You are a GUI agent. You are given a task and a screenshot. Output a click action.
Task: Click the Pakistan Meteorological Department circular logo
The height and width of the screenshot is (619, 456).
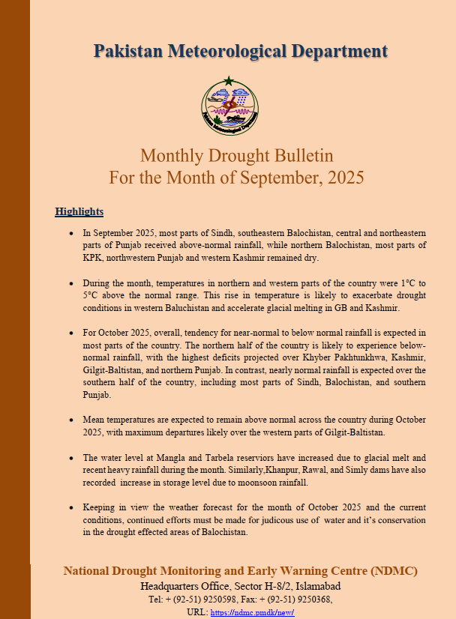[x=230, y=106]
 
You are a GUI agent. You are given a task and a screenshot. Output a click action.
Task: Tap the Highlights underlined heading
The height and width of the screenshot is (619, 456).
[x=79, y=211]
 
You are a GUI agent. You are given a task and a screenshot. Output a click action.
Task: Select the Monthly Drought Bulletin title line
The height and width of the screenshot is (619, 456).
[x=236, y=156]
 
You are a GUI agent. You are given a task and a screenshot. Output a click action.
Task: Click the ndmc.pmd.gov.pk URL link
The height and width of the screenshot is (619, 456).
[x=242, y=612]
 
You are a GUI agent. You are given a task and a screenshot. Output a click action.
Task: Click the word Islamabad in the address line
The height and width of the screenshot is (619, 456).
[x=314, y=585]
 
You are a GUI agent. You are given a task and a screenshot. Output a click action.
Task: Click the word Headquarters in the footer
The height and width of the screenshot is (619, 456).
[x=169, y=585]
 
